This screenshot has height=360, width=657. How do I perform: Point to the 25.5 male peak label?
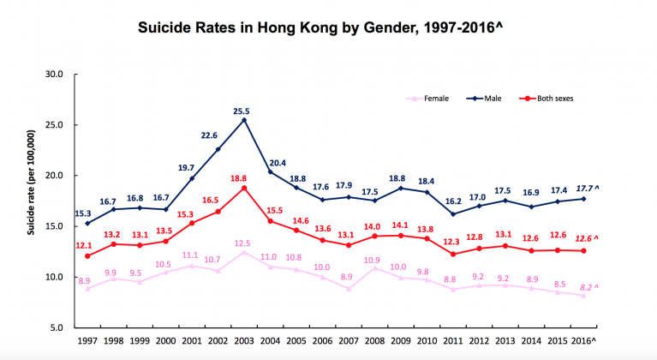tap(243, 111)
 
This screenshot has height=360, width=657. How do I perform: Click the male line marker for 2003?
tap(244, 120)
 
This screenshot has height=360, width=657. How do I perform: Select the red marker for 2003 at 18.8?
tap(244, 189)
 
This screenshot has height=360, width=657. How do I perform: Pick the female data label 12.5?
tap(243, 243)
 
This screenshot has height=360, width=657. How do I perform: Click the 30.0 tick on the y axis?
tap(55, 75)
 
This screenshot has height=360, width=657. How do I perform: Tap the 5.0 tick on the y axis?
tap(57, 328)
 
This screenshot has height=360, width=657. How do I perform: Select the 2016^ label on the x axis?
tap(586, 342)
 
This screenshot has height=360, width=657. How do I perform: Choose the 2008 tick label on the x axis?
tap(375, 342)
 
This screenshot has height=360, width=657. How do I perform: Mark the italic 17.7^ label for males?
tap(586, 188)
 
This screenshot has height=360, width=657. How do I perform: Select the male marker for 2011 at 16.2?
tap(453, 214)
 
